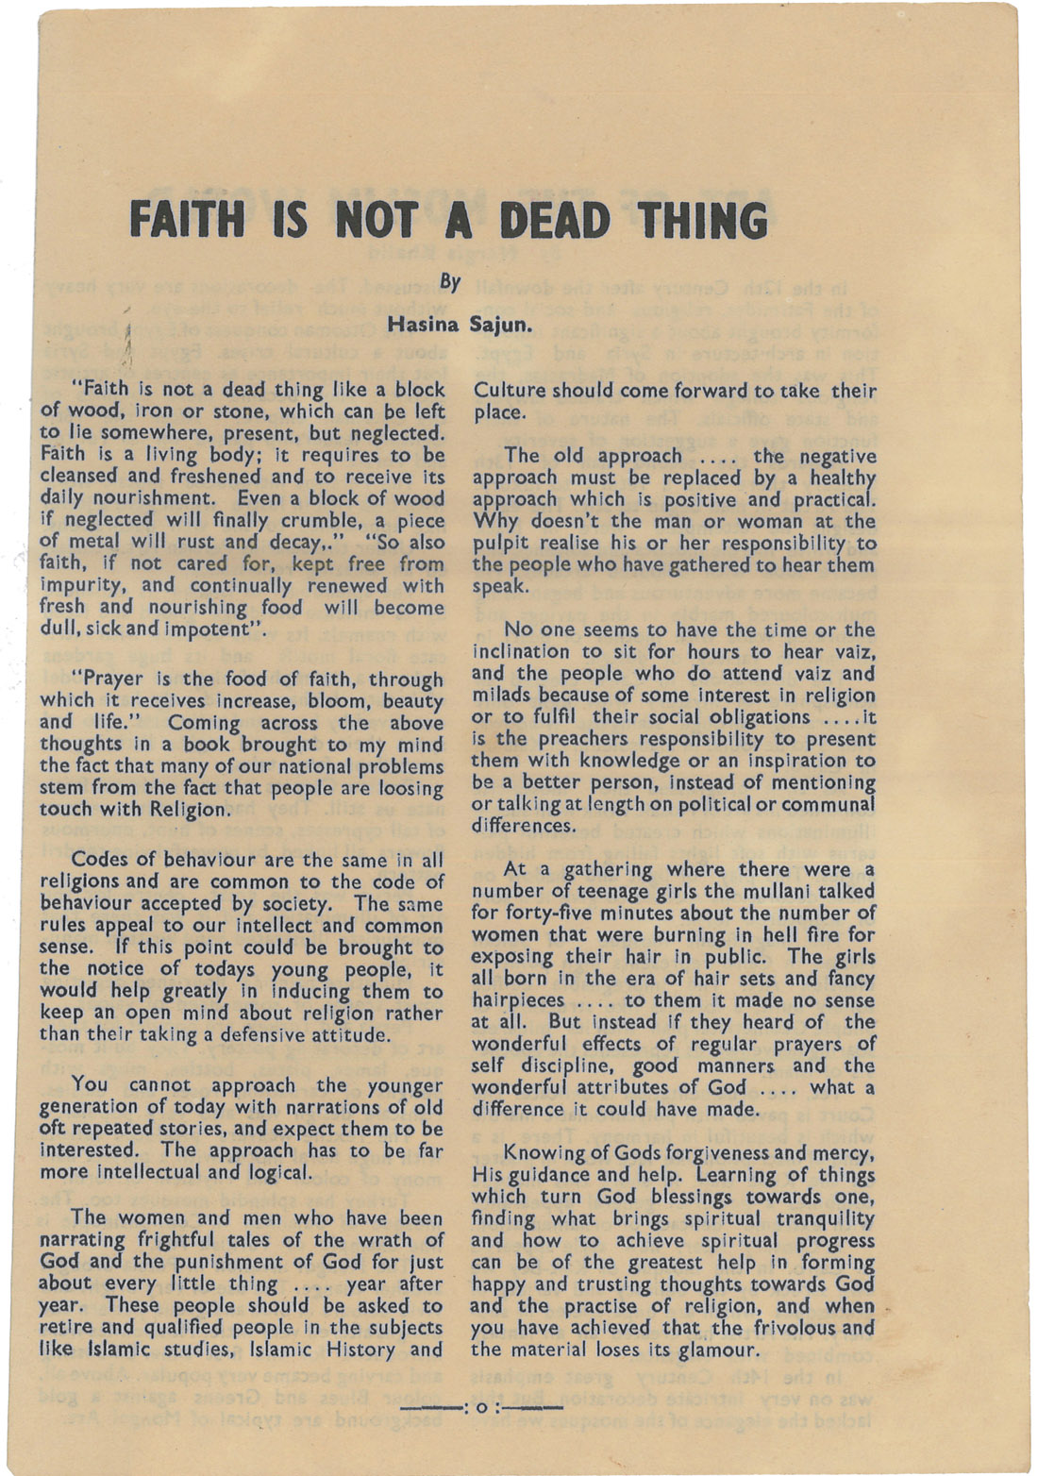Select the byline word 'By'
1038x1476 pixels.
coord(451,282)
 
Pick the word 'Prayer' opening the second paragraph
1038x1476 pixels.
coord(112,679)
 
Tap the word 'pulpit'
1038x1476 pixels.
coord(497,544)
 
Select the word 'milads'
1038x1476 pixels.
coord(499,696)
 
